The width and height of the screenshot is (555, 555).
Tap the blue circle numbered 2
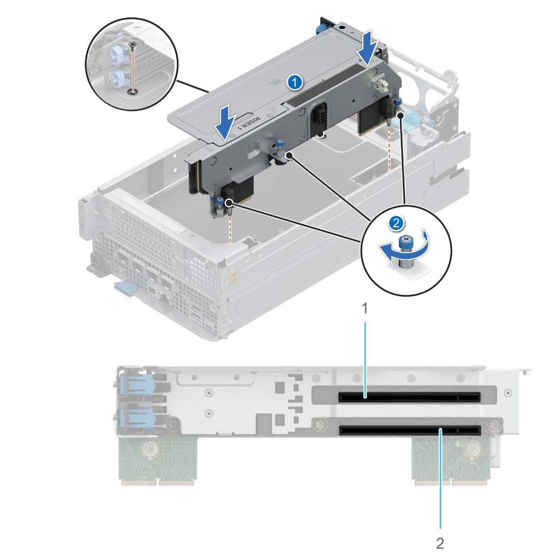pos(395,223)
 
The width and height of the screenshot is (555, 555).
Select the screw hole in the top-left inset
pos(133,92)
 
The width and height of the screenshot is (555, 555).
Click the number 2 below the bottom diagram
pos(440,542)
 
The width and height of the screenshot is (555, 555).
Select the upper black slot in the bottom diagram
pos(409,397)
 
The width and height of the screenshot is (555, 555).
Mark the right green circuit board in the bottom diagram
pos(451,460)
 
